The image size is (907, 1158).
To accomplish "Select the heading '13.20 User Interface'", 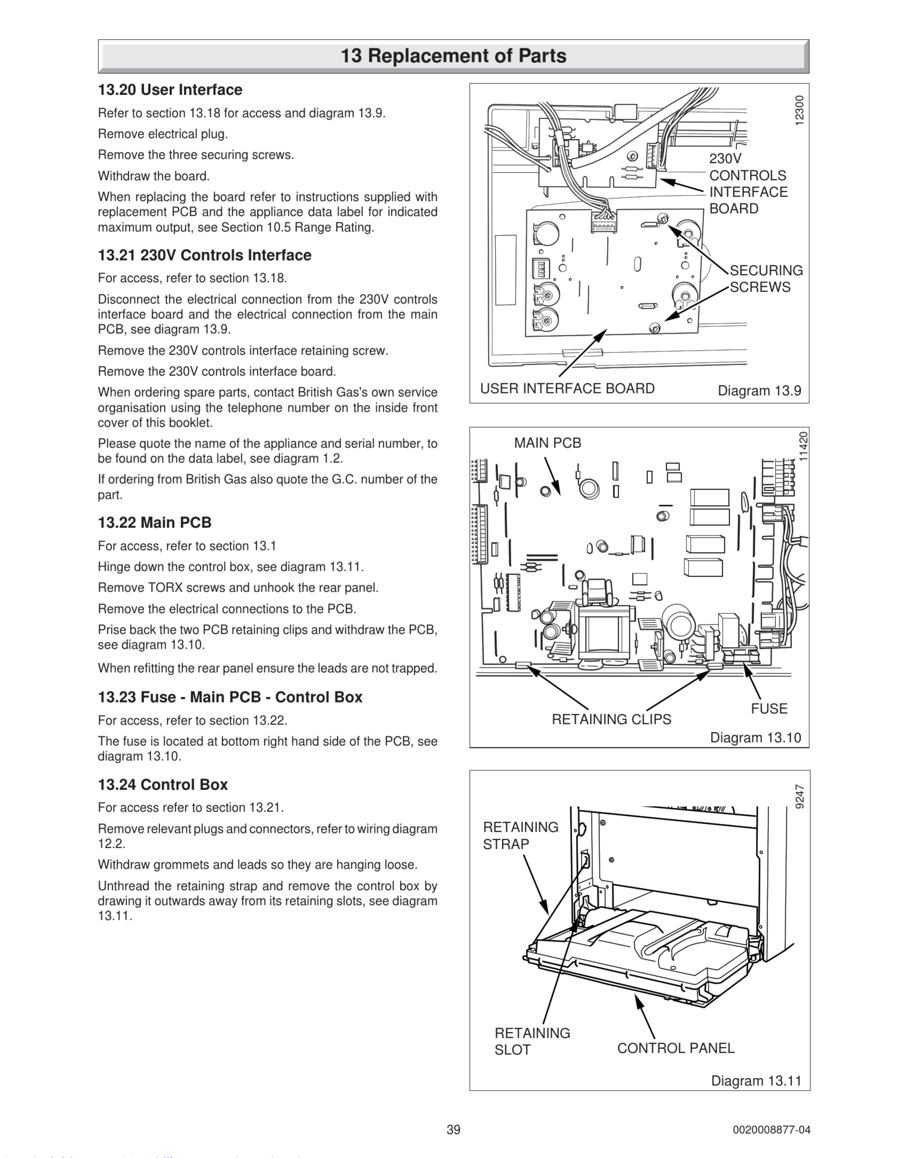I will (170, 90).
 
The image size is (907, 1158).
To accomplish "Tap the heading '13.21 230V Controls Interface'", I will (204, 256).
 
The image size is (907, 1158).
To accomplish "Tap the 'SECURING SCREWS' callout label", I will (766, 279).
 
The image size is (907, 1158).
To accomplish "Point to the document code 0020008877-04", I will (771, 1130).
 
